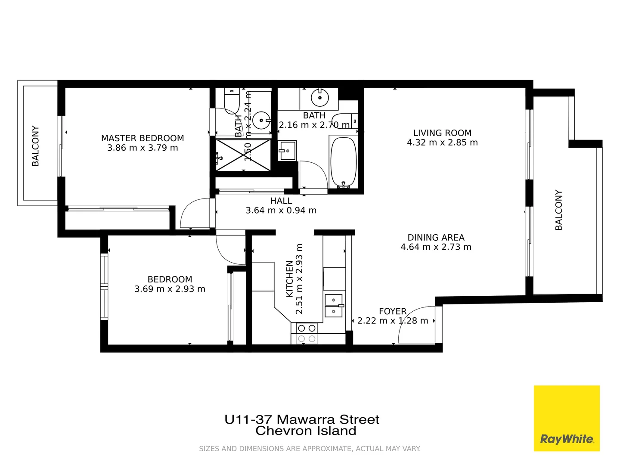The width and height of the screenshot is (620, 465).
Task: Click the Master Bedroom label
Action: (143, 138)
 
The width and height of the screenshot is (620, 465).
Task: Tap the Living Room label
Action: (442, 133)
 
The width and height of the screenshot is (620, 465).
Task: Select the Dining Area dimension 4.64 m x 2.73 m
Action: (436, 247)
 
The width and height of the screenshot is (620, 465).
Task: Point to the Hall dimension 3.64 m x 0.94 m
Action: (281, 211)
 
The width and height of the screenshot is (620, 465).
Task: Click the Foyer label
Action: (392, 311)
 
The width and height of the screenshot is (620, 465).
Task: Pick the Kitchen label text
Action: (289, 279)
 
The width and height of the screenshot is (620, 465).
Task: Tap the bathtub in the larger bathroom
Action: (343, 162)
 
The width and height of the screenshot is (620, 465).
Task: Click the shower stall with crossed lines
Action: (243, 155)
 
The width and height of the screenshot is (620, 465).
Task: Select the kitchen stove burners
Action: (307, 334)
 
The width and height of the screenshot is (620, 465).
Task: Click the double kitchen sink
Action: (333, 305)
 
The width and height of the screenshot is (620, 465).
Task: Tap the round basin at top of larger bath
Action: (320, 98)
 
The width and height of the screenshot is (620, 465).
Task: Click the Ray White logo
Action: (567, 418)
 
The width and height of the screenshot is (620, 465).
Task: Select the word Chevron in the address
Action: (282, 431)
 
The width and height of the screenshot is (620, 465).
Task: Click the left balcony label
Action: (36, 146)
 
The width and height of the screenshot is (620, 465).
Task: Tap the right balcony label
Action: (559, 210)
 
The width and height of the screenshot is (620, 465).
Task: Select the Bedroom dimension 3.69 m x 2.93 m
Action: (170, 289)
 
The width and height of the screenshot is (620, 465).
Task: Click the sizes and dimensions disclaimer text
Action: (310, 449)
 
